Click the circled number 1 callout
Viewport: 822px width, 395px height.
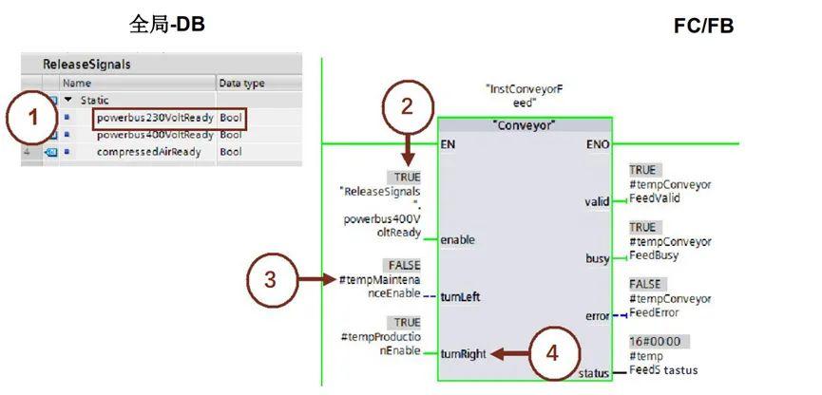(32, 120)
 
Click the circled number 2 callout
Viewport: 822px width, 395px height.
(406, 106)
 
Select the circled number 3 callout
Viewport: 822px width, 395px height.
(271, 279)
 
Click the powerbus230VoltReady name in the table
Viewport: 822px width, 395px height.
(156, 118)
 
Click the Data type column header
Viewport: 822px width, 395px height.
(241, 84)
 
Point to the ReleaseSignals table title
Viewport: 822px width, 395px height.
(86, 65)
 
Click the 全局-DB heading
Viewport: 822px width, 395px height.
(167, 24)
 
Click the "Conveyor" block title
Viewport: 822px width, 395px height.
(525, 125)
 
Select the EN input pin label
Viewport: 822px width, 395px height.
(449, 144)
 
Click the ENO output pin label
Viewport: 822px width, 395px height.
(600, 144)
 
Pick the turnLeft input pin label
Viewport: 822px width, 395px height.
(461, 296)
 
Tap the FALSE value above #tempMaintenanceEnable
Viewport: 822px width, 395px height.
(402, 264)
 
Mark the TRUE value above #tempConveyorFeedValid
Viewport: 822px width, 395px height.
(642, 169)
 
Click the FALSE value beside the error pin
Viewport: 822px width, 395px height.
(646, 284)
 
